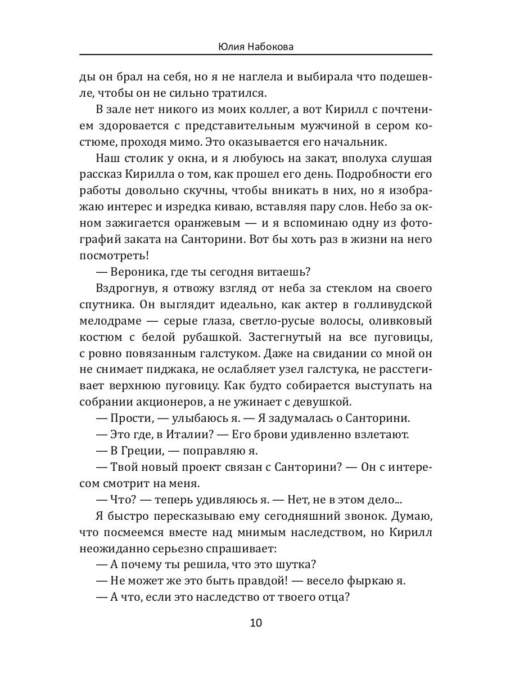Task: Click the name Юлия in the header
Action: coord(231,47)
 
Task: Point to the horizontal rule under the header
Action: coord(256,55)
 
